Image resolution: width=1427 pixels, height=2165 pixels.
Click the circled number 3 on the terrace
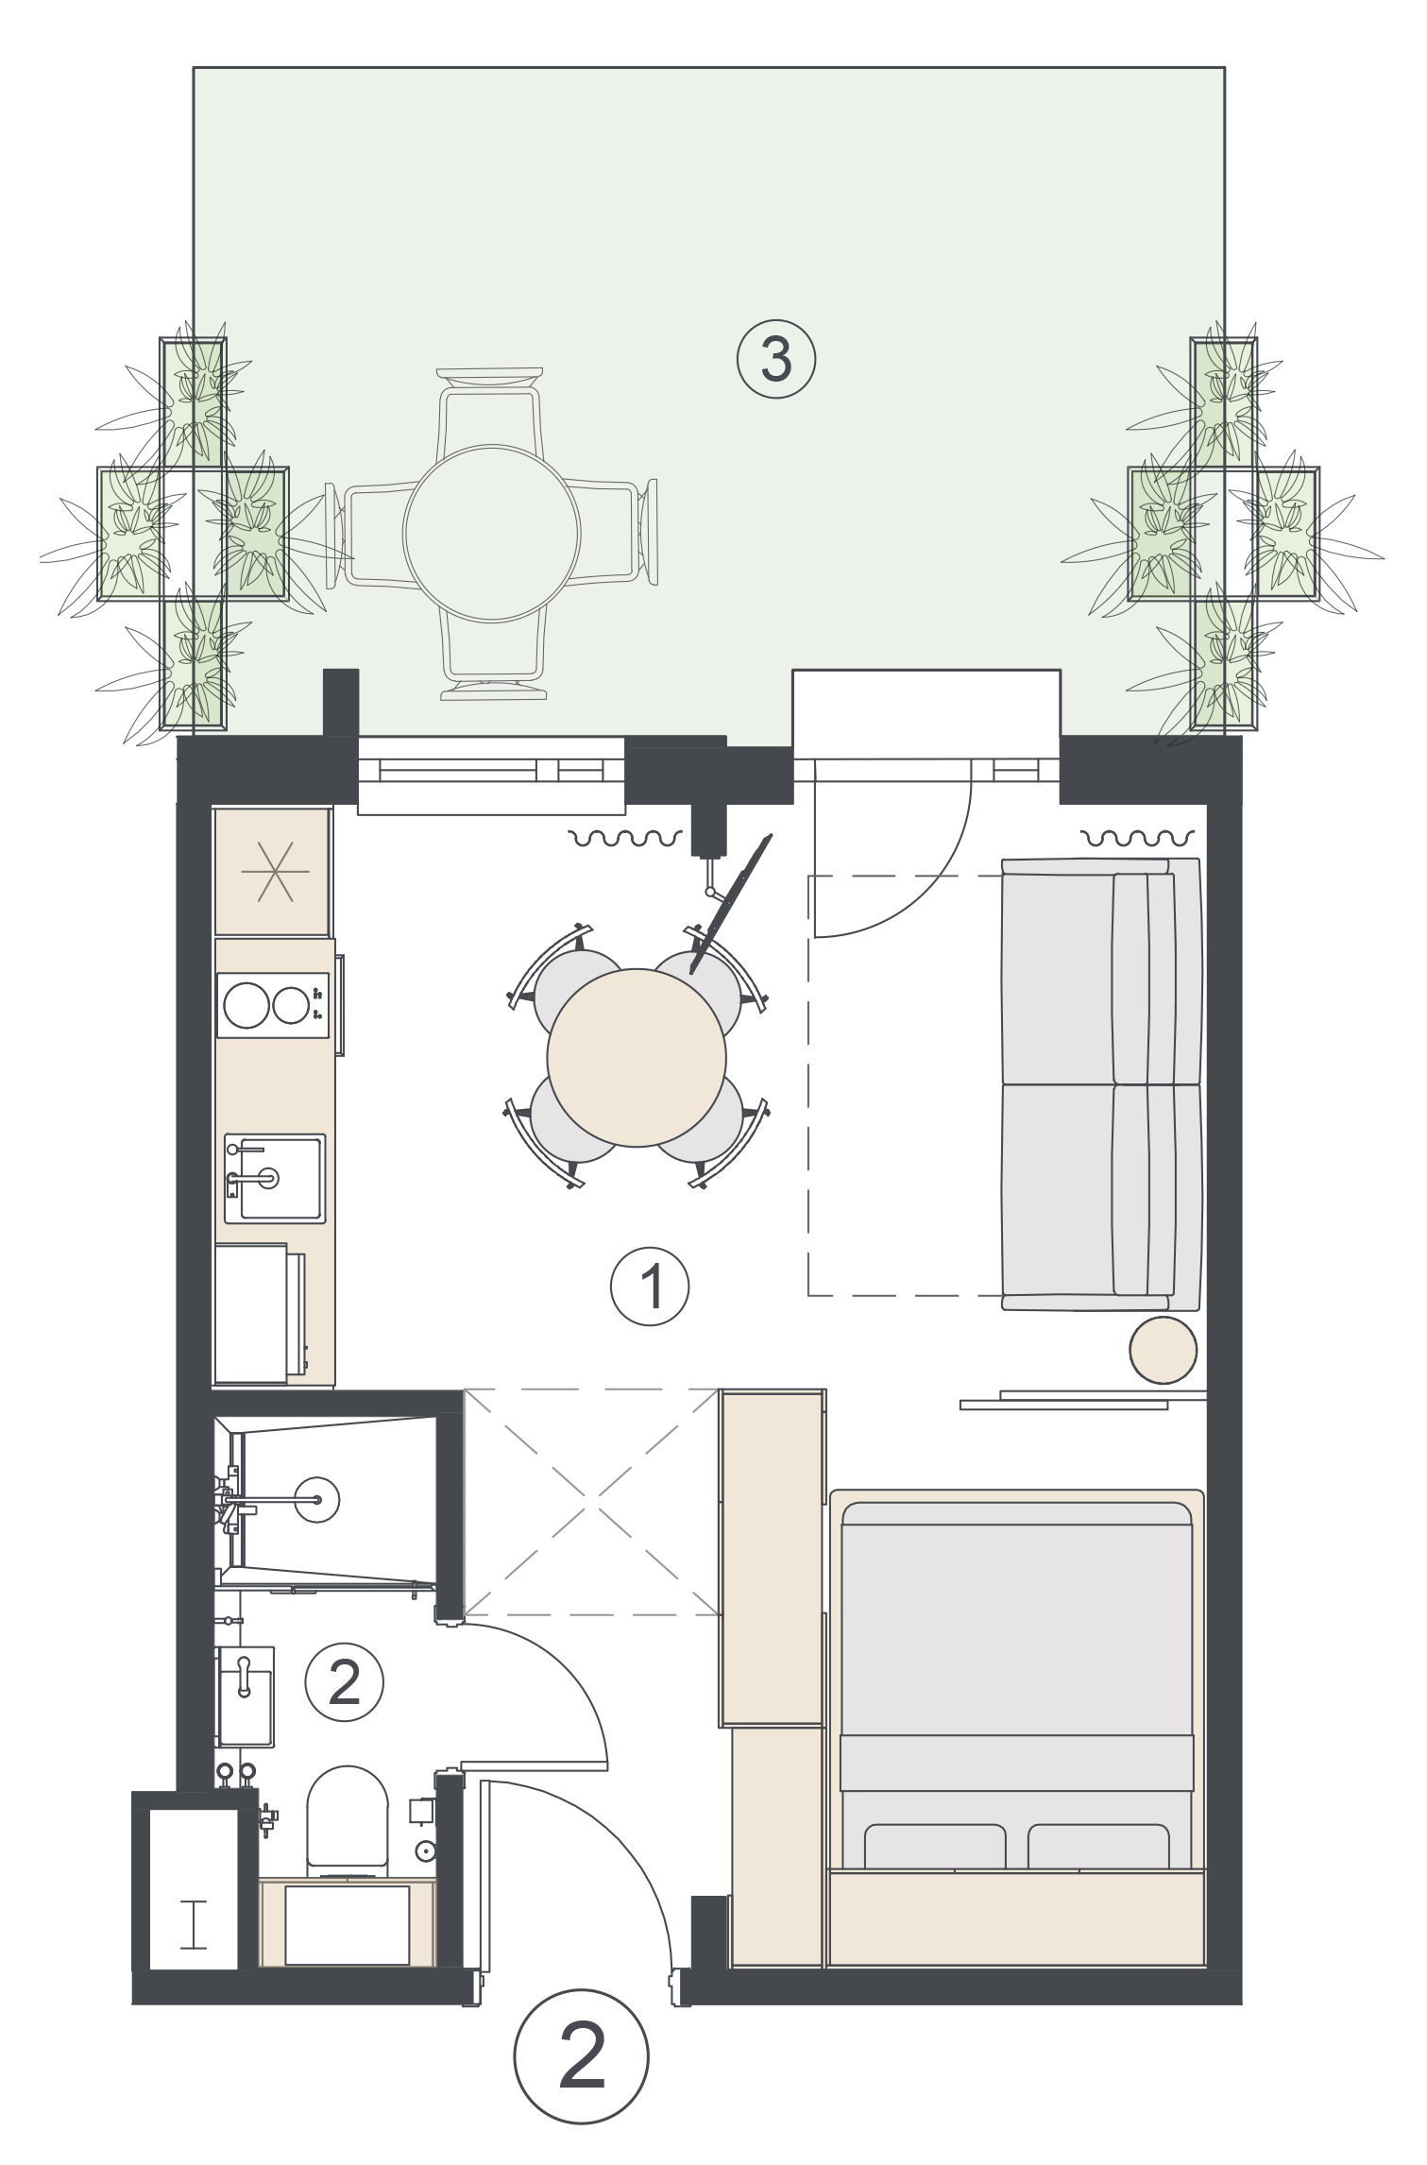pyautogui.click(x=775, y=360)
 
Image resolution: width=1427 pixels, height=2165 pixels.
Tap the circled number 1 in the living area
pyautogui.click(x=651, y=1286)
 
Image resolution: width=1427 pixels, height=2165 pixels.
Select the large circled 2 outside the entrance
pyautogui.click(x=582, y=2056)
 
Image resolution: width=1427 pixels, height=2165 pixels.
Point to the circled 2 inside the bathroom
pyautogui.click(x=344, y=1682)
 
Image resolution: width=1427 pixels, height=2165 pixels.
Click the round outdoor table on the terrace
pyautogui.click(x=491, y=535)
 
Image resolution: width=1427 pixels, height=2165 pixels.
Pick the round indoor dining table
pyautogui.click(x=637, y=1058)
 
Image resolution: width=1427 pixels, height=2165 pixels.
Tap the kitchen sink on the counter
pyautogui.click(x=274, y=1180)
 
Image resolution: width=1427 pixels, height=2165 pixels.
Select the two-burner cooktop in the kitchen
pyautogui.click(x=273, y=1005)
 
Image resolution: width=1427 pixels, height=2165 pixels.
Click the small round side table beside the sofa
pyautogui.click(x=1164, y=1350)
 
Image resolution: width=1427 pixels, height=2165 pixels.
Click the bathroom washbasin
pyautogui.click(x=246, y=1696)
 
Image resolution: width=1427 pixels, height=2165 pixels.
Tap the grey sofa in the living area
pyautogui.click(x=1101, y=1084)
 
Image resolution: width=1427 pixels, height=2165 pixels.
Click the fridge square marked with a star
pyautogui.click(x=272, y=871)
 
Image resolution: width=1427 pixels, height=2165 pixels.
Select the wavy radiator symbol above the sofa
pyautogui.click(x=1132, y=837)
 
